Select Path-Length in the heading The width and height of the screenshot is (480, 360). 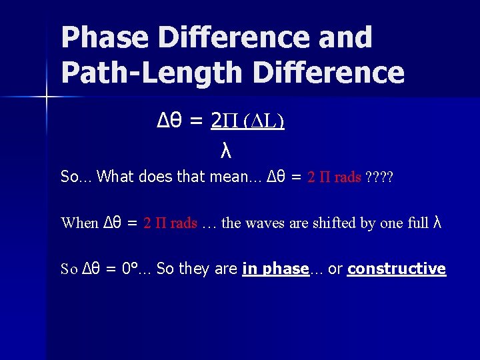point(144,73)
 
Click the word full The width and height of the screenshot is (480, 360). point(416,223)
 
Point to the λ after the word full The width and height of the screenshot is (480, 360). point(438,222)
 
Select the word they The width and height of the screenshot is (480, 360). point(192,269)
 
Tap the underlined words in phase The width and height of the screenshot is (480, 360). point(275,269)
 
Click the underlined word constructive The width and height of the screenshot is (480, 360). point(396,269)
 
